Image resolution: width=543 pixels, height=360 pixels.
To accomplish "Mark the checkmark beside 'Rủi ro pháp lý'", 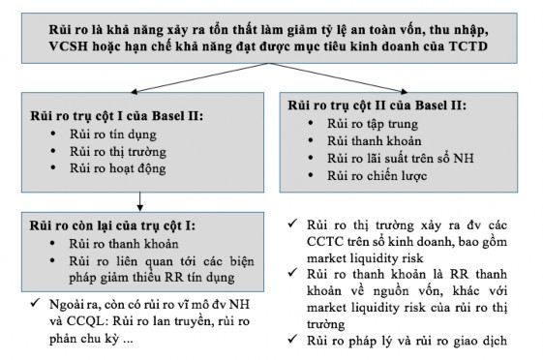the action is [293, 339].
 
